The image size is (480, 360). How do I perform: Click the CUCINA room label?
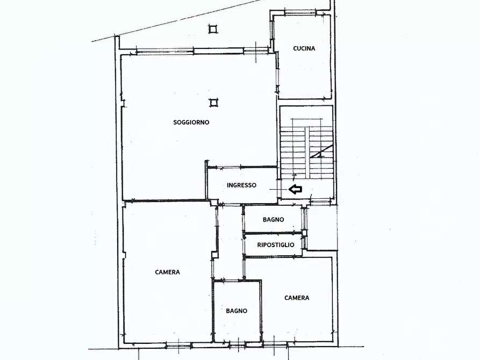[304, 48]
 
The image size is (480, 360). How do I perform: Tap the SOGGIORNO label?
[191, 123]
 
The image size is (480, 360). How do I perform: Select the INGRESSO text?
[241, 185]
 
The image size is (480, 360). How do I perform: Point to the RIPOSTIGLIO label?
[276, 245]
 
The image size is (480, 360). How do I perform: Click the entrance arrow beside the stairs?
[296, 190]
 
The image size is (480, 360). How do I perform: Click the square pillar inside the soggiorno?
[213, 103]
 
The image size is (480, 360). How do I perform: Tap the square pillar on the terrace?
[213, 29]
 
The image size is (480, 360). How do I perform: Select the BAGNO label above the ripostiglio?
[274, 219]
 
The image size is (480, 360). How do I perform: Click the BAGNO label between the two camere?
[237, 311]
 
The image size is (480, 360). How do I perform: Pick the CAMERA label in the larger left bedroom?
[168, 272]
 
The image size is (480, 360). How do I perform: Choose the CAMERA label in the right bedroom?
[297, 298]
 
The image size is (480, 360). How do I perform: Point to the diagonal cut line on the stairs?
[321, 151]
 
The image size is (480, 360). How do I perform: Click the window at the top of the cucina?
[300, 13]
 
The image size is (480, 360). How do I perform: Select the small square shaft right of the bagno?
[304, 233]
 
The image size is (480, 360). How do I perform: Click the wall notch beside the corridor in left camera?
[214, 255]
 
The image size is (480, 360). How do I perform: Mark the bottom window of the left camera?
[178, 345]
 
